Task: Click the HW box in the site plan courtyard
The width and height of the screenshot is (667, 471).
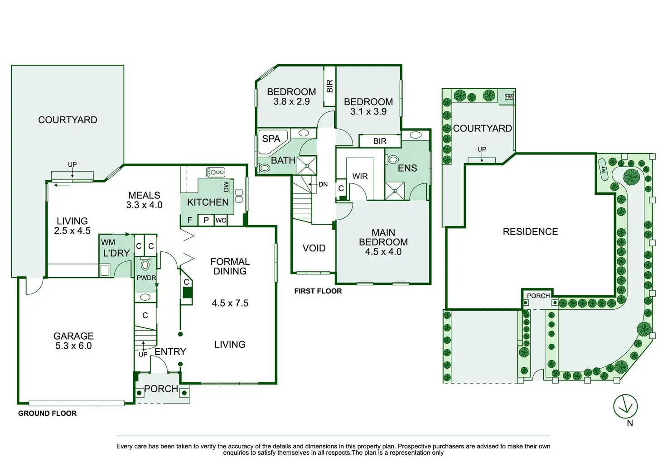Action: tap(509, 97)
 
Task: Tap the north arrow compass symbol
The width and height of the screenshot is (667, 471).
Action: tap(625, 406)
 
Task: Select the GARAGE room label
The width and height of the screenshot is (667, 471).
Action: tap(73, 336)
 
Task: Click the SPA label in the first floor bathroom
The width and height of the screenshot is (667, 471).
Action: tap(271, 139)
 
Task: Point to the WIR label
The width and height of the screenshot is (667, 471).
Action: tap(360, 176)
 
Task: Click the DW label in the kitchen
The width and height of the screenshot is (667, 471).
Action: tap(226, 186)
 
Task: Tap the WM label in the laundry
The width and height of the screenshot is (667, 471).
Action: tap(108, 242)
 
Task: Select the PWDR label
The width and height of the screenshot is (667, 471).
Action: tap(146, 278)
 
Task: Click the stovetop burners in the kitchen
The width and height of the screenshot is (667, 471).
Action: tap(215, 172)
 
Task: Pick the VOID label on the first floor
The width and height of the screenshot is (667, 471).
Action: tap(314, 248)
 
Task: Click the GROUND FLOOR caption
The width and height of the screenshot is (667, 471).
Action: tap(47, 413)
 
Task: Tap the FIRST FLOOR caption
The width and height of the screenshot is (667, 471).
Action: tap(318, 291)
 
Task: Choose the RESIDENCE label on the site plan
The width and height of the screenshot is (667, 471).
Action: tap(530, 232)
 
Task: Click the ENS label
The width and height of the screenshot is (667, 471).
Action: tap(407, 168)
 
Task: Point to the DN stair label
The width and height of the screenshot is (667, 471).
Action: tap(323, 184)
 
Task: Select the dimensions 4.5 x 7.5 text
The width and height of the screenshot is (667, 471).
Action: tap(230, 303)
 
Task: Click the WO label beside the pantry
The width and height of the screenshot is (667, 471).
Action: tap(221, 221)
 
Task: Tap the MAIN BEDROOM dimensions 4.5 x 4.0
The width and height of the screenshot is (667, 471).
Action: tap(383, 252)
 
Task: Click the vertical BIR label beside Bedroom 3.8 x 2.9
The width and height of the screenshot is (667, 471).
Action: tap(329, 86)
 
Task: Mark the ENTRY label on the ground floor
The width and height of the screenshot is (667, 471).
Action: tap(170, 352)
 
